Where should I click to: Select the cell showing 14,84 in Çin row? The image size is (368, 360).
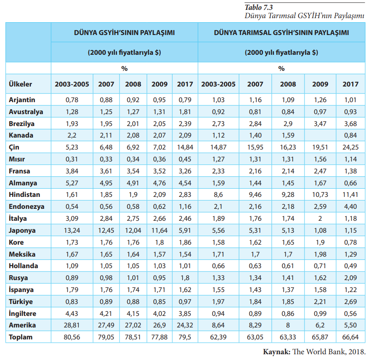click(x=185, y=147)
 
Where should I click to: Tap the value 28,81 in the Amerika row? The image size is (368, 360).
click(x=72, y=325)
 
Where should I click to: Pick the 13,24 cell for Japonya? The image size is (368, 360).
click(x=72, y=230)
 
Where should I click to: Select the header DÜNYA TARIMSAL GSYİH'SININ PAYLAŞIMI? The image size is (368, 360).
click(x=281, y=33)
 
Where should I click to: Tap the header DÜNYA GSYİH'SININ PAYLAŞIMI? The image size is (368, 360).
click(x=124, y=33)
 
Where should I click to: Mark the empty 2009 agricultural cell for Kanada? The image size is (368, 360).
click(x=320, y=135)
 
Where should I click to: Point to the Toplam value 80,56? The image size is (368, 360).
click(x=72, y=337)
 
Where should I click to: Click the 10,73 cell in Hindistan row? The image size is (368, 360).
click(x=320, y=194)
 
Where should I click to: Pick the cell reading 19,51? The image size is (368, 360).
click(x=320, y=147)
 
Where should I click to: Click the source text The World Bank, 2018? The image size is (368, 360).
click(x=330, y=352)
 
